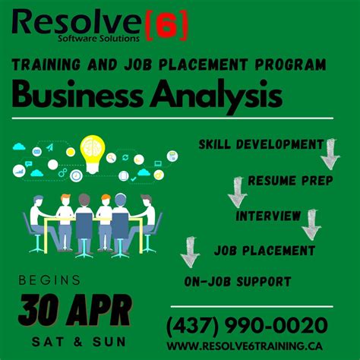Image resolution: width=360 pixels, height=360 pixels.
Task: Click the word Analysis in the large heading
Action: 215,96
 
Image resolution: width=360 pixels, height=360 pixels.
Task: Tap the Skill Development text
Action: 261,144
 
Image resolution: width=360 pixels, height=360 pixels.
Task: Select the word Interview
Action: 268,216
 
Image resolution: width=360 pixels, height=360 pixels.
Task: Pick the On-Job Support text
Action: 237,281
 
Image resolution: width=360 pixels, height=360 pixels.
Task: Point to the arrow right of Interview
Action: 311,225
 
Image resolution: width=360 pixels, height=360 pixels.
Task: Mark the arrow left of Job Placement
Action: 189,252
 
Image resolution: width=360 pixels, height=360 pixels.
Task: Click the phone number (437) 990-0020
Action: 248,326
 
